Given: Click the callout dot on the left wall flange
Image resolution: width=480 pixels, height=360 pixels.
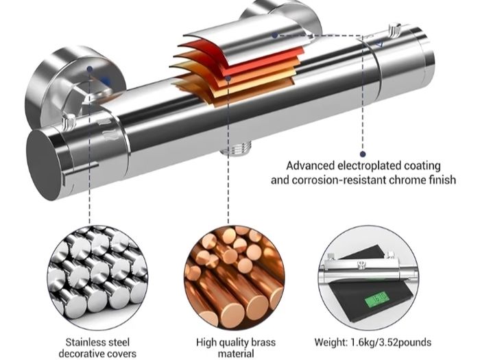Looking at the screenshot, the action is click(x=89, y=69).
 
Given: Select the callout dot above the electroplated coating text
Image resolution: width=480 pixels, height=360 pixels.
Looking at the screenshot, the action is click(x=363, y=154).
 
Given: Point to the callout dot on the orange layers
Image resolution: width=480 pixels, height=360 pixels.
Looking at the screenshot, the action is click(x=228, y=78).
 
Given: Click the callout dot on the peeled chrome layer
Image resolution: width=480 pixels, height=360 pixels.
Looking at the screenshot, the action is click(x=274, y=36).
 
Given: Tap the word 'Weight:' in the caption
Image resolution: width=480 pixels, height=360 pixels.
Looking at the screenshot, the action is click(x=331, y=342).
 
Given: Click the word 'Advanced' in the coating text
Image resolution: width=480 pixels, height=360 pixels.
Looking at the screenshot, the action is click(x=311, y=166).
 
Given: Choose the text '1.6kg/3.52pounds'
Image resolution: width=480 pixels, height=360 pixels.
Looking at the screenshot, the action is click(x=391, y=342).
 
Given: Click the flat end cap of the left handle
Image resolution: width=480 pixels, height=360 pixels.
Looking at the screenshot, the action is click(x=45, y=165).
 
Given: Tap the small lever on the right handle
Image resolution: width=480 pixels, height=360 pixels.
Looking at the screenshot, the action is click(x=394, y=29).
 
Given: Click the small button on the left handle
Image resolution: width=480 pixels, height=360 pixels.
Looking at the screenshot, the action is click(x=69, y=121).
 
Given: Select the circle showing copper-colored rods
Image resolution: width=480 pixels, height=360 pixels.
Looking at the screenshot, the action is click(x=235, y=277).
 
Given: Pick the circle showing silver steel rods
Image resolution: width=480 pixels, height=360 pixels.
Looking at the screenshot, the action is click(x=97, y=277).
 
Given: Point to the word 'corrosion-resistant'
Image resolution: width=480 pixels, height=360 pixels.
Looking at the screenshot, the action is click(x=339, y=180).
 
